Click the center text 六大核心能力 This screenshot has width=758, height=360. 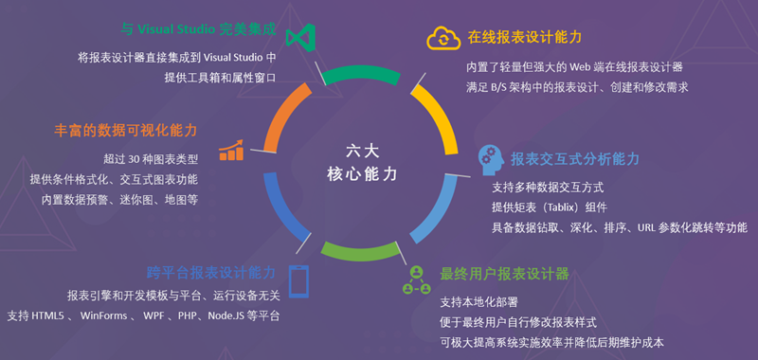(368, 162)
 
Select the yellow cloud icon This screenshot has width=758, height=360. (443, 38)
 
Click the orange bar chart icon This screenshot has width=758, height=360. (231, 150)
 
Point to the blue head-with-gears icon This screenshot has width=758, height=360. (490, 158)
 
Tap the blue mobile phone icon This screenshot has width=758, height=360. (298, 280)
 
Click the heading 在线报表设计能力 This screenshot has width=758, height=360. (524, 37)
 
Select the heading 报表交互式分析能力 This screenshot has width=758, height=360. (575, 158)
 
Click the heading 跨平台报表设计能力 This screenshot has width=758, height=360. (210, 272)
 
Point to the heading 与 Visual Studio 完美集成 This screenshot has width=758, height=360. (199, 29)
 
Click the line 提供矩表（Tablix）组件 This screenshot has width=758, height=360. (549, 207)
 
